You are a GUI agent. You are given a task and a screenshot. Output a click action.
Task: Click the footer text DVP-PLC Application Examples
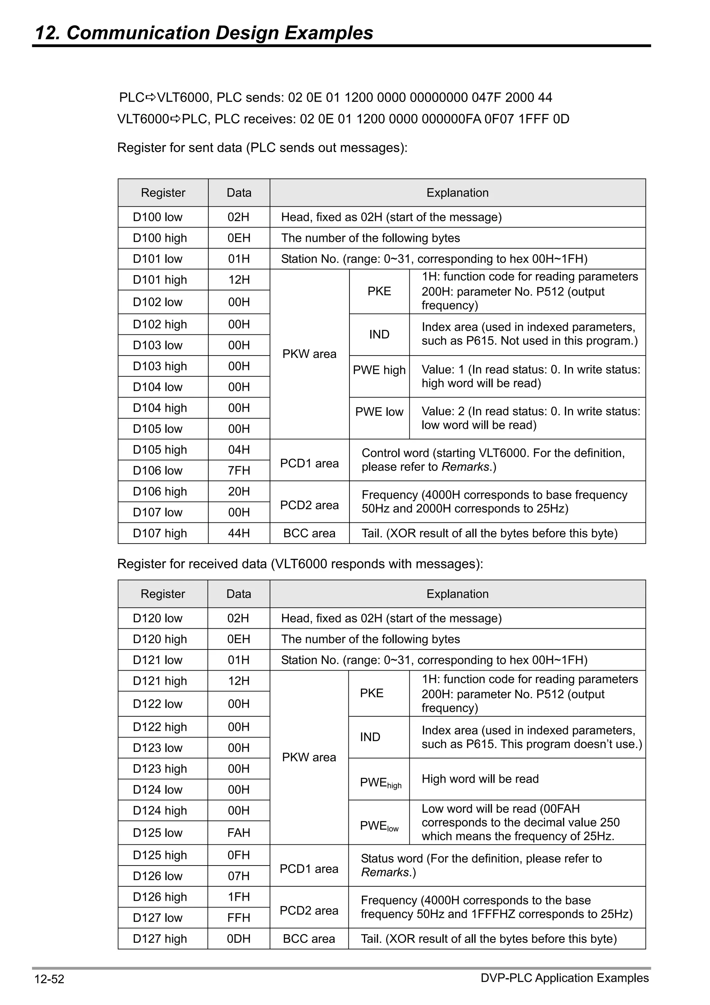pos(564,978)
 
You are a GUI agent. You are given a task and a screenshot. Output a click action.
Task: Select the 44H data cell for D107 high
pos(239,533)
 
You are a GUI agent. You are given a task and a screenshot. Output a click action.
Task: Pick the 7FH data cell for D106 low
pos(239,470)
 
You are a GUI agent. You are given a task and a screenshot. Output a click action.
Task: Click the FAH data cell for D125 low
pos(239,833)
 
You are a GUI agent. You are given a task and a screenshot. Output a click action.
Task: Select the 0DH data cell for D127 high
pos(239,938)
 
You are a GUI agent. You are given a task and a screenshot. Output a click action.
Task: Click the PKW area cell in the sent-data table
pos(309,354)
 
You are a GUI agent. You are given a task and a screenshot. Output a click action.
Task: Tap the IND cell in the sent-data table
pos(379,334)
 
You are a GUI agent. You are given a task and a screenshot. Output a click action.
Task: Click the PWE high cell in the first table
pos(379,370)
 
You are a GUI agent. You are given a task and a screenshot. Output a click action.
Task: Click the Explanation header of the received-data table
pos(458,594)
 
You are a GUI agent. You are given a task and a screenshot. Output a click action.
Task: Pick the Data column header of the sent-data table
pos(239,193)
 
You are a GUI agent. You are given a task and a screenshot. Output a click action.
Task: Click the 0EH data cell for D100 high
pos(239,238)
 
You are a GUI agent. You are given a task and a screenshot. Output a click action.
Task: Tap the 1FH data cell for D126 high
pos(239,897)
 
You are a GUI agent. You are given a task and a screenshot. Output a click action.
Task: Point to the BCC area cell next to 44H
pos(309,533)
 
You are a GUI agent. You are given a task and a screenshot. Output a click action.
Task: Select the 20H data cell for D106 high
pos(239,492)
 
